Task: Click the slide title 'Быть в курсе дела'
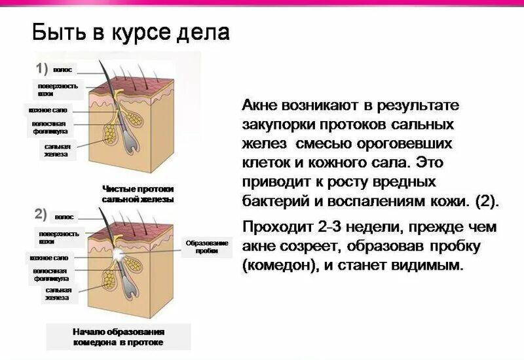tap(131, 32)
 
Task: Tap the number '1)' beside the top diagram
tap(42, 68)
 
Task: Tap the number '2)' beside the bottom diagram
tap(41, 213)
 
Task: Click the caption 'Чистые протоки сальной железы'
tap(138, 193)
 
